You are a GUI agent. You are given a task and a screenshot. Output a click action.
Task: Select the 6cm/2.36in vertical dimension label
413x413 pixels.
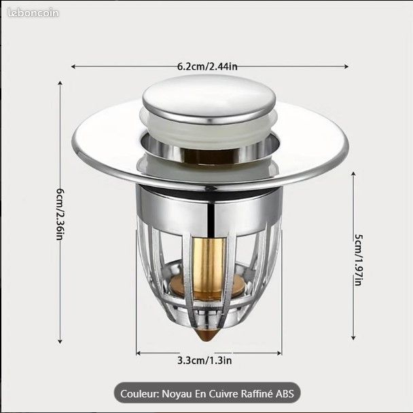point(60,212)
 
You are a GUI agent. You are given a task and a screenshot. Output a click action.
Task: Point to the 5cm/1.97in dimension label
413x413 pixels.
point(357,260)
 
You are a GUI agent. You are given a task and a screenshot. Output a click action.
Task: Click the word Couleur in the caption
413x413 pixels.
point(140,393)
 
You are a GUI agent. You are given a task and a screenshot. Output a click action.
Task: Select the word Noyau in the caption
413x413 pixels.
point(181,393)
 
